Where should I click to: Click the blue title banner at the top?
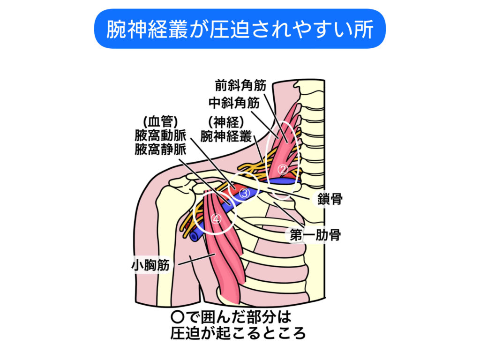click(240, 29)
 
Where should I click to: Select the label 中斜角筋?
click(233, 103)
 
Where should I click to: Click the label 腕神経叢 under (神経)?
click(226, 136)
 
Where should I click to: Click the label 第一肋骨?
click(315, 235)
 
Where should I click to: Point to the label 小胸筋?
click(150, 265)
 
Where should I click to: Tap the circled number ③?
click(244, 192)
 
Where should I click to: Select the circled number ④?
click(216, 218)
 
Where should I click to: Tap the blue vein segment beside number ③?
click(254, 193)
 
